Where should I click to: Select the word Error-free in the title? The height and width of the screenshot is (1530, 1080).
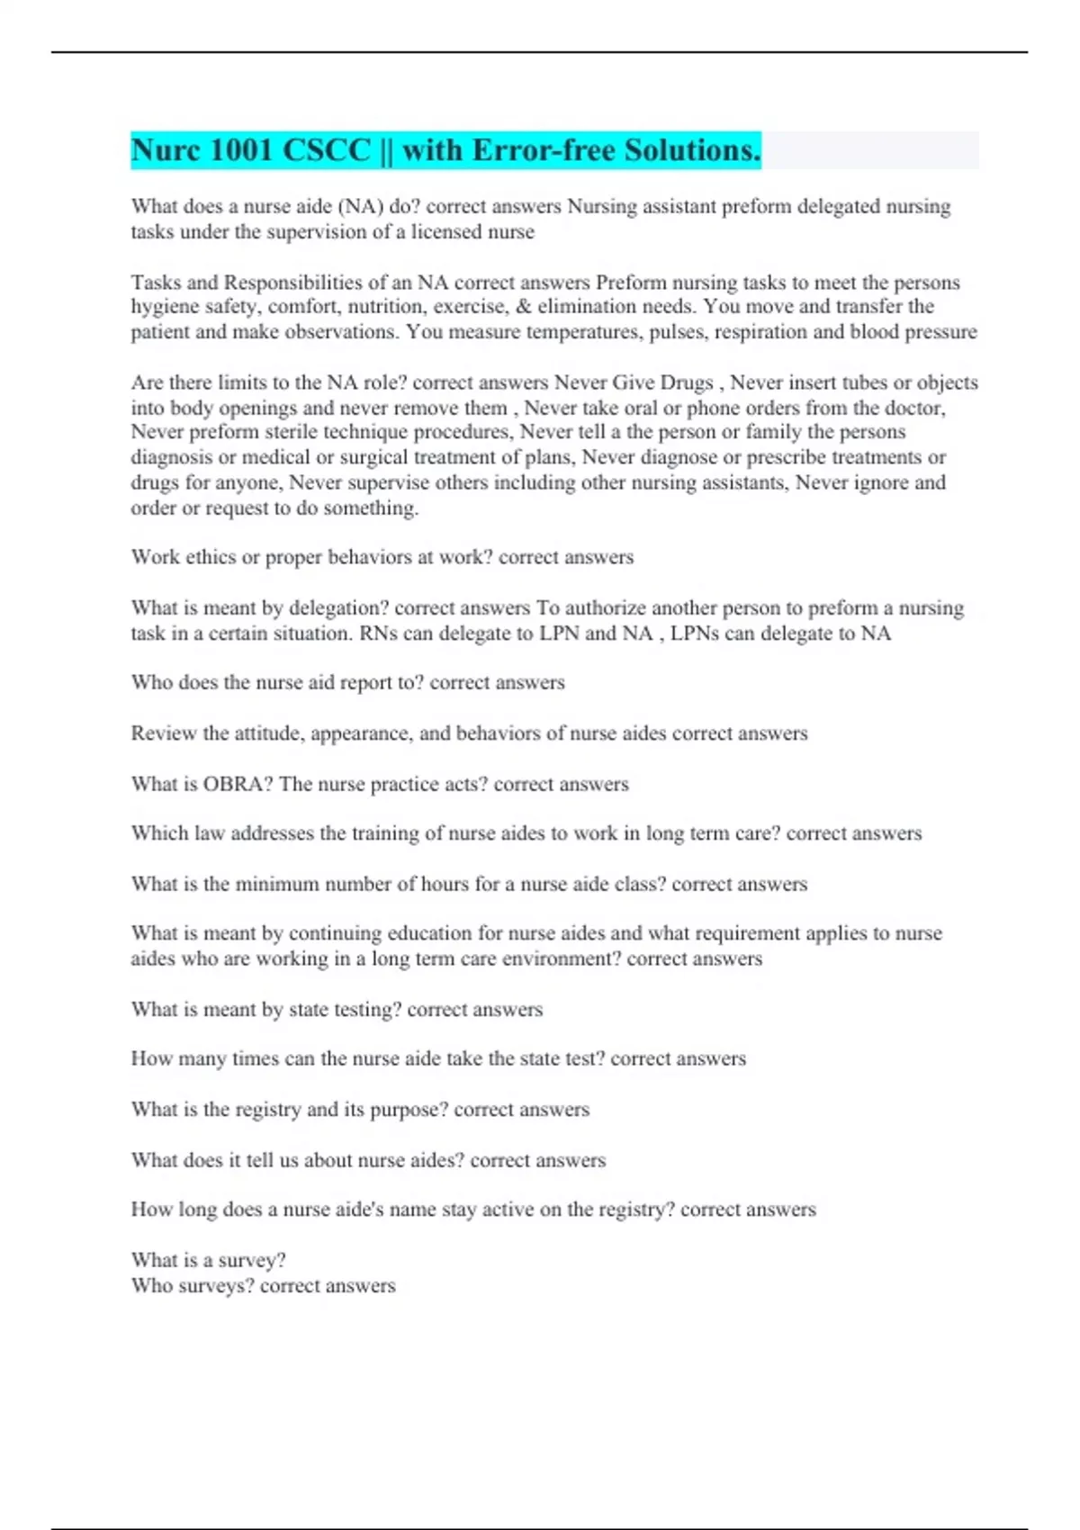point(544,150)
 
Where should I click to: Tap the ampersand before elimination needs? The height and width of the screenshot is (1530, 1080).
point(523,307)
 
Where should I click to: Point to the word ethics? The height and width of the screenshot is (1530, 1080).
point(211,557)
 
